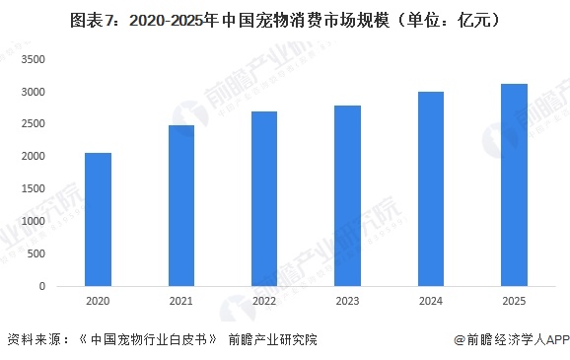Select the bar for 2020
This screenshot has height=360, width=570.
(x=97, y=219)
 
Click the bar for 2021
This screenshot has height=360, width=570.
(x=180, y=205)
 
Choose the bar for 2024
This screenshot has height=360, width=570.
(x=430, y=188)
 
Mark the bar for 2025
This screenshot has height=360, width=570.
(x=514, y=184)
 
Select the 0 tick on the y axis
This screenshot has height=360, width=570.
(x=42, y=286)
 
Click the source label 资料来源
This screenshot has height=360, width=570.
(x=36, y=340)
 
